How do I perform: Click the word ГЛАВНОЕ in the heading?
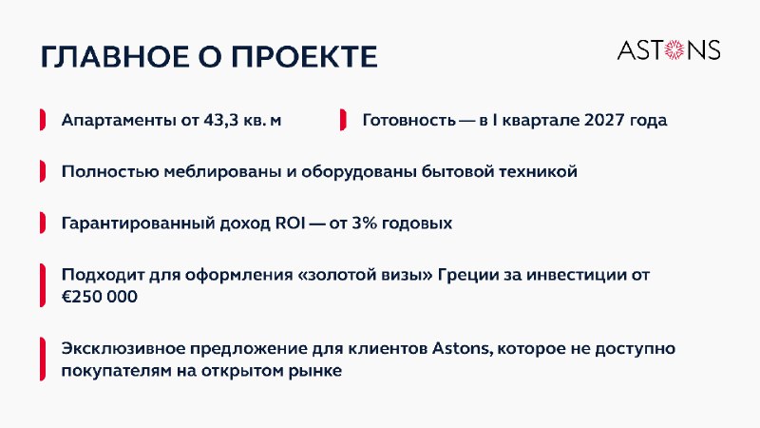click(x=115, y=57)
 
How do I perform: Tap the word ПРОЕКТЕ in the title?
click(x=304, y=57)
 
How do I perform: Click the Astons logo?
click(x=669, y=50)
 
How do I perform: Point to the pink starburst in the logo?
click(x=674, y=50)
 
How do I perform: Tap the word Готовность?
click(x=409, y=121)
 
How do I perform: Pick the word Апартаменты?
click(x=118, y=121)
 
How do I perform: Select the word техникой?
click(x=538, y=172)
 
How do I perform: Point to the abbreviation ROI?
click(x=291, y=224)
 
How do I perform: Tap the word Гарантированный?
click(x=138, y=224)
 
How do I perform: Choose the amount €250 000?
click(x=100, y=297)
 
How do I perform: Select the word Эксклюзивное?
click(x=123, y=349)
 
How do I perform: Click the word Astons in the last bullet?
click(x=462, y=349)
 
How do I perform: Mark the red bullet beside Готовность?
click(x=343, y=120)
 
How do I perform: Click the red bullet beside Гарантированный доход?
click(x=43, y=223)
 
